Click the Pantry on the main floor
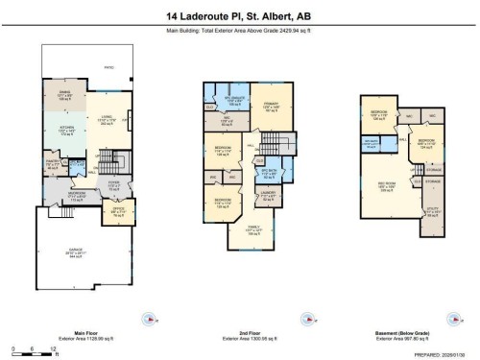coord(52,164)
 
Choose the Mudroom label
coord(64,196)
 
